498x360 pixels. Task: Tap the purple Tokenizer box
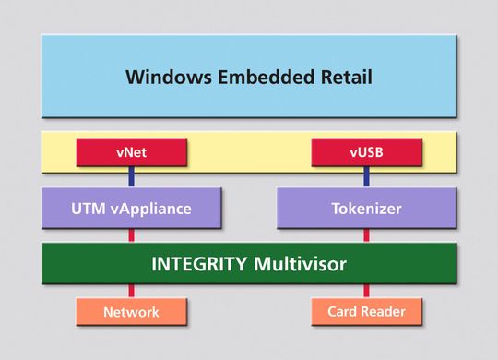(x=366, y=209)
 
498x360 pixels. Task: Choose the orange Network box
(x=131, y=311)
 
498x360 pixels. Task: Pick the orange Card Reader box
(x=366, y=311)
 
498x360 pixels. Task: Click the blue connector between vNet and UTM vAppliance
(x=131, y=177)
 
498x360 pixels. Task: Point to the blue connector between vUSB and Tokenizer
(x=366, y=177)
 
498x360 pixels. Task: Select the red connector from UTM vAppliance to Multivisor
(x=131, y=235)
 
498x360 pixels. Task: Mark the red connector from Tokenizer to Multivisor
(x=366, y=235)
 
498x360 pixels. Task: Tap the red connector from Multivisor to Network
(x=131, y=292)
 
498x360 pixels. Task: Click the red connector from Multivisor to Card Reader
(x=366, y=292)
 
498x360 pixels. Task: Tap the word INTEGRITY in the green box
(x=196, y=265)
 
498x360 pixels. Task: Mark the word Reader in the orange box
(x=384, y=312)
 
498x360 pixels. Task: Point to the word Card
(x=344, y=312)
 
